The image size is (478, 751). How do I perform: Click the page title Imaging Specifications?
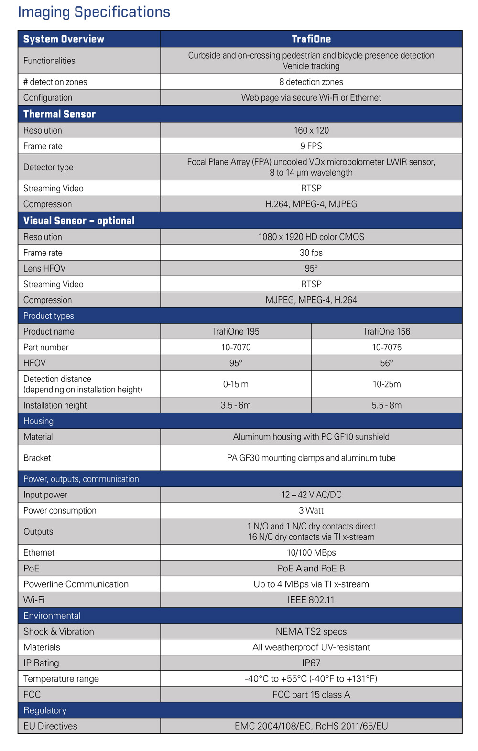pyautogui.click(x=94, y=12)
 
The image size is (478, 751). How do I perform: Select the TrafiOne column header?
pyautogui.click(x=311, y=39)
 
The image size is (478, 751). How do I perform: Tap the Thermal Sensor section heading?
pyautogui.click(x=59, y=114)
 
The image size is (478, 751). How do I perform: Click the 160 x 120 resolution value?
pyautogui.click(x=311, y=130)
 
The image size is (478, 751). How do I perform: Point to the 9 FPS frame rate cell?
pyautogui.click(x=311, y=146)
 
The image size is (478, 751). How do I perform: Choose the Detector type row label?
pyautogui.click(x=48, y=167)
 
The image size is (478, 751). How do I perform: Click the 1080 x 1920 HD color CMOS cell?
pyautogui.click(x=311, y=237)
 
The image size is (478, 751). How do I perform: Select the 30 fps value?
pyautogui.click(x=311, y=253)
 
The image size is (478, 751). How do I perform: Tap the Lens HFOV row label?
pyautogui.click(x=44, y=268)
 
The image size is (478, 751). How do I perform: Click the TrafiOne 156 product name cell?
pyautogui.click(x=386, y=331)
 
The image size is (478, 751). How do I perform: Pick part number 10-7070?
pyautogui.click(x=236, y=347)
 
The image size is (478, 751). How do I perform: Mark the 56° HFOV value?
pyautogui.click(x=386, y=363)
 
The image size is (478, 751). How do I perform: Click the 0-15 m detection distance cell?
pyautogui.click(x=236, y=384)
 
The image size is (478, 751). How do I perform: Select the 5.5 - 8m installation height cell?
pyautogui.click(x=386, y=405)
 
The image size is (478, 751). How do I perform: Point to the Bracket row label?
pyautogui.click(x=37, y=458)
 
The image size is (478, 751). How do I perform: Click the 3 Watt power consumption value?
pyautogui.click(x=311, y=510)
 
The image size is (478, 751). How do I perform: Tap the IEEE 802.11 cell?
pyautogui.click(x=311, y=600)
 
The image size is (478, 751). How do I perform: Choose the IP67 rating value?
pyautogui.click(x=311, y=663)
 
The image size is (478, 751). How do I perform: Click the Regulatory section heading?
pyautogui.click(x=45, y=710)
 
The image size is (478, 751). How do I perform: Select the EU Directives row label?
pyautogui.click(x=50, y=726)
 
